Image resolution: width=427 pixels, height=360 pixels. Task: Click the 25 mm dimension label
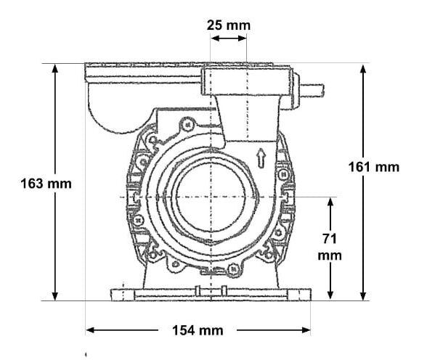228,25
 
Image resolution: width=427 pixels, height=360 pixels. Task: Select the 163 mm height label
46,183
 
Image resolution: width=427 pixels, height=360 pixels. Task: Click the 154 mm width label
197,331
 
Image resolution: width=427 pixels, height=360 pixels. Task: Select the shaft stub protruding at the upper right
312,91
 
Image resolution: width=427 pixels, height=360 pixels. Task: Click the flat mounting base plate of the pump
211,294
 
